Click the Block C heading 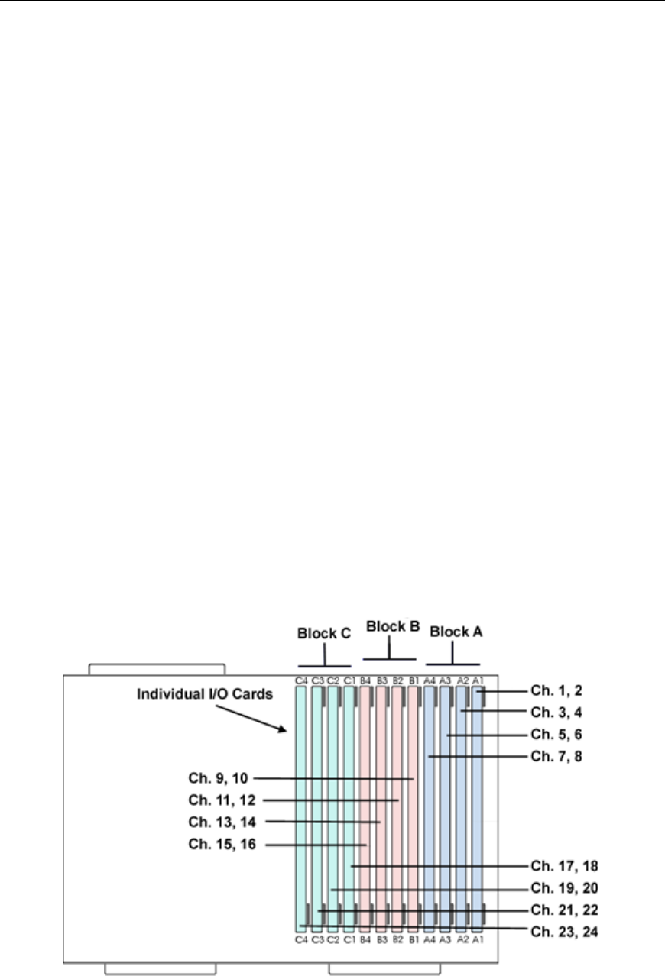(323, 633)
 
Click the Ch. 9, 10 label (219, 779)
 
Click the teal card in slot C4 (300, 802)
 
